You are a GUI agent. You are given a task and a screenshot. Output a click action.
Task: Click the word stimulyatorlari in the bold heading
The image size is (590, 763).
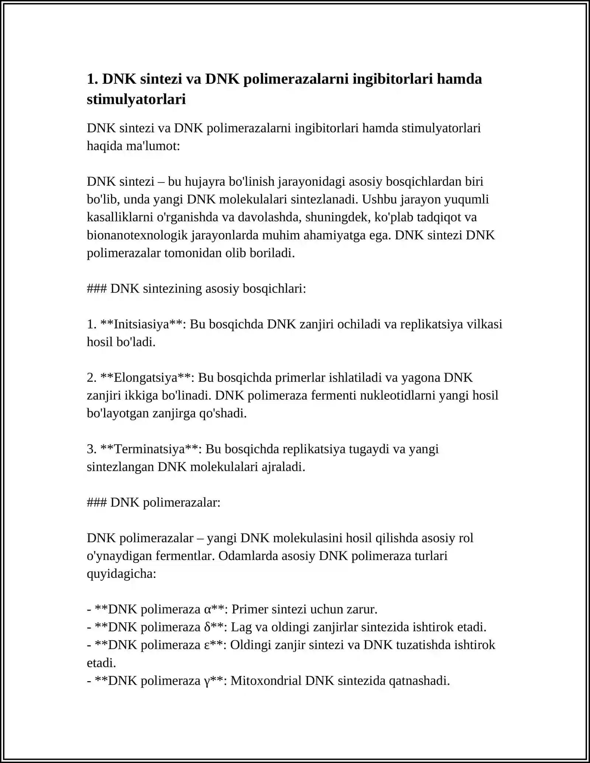pos(136,100)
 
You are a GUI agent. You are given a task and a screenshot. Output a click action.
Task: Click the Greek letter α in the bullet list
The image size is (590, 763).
pos(207,610)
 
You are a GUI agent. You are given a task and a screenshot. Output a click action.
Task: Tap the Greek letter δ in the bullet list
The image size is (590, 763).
pos(207,627)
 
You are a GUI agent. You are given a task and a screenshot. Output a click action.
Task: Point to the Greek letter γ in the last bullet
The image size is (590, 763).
pos(206,681)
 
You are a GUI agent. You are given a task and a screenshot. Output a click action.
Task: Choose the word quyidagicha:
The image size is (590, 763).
pos(121,574)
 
